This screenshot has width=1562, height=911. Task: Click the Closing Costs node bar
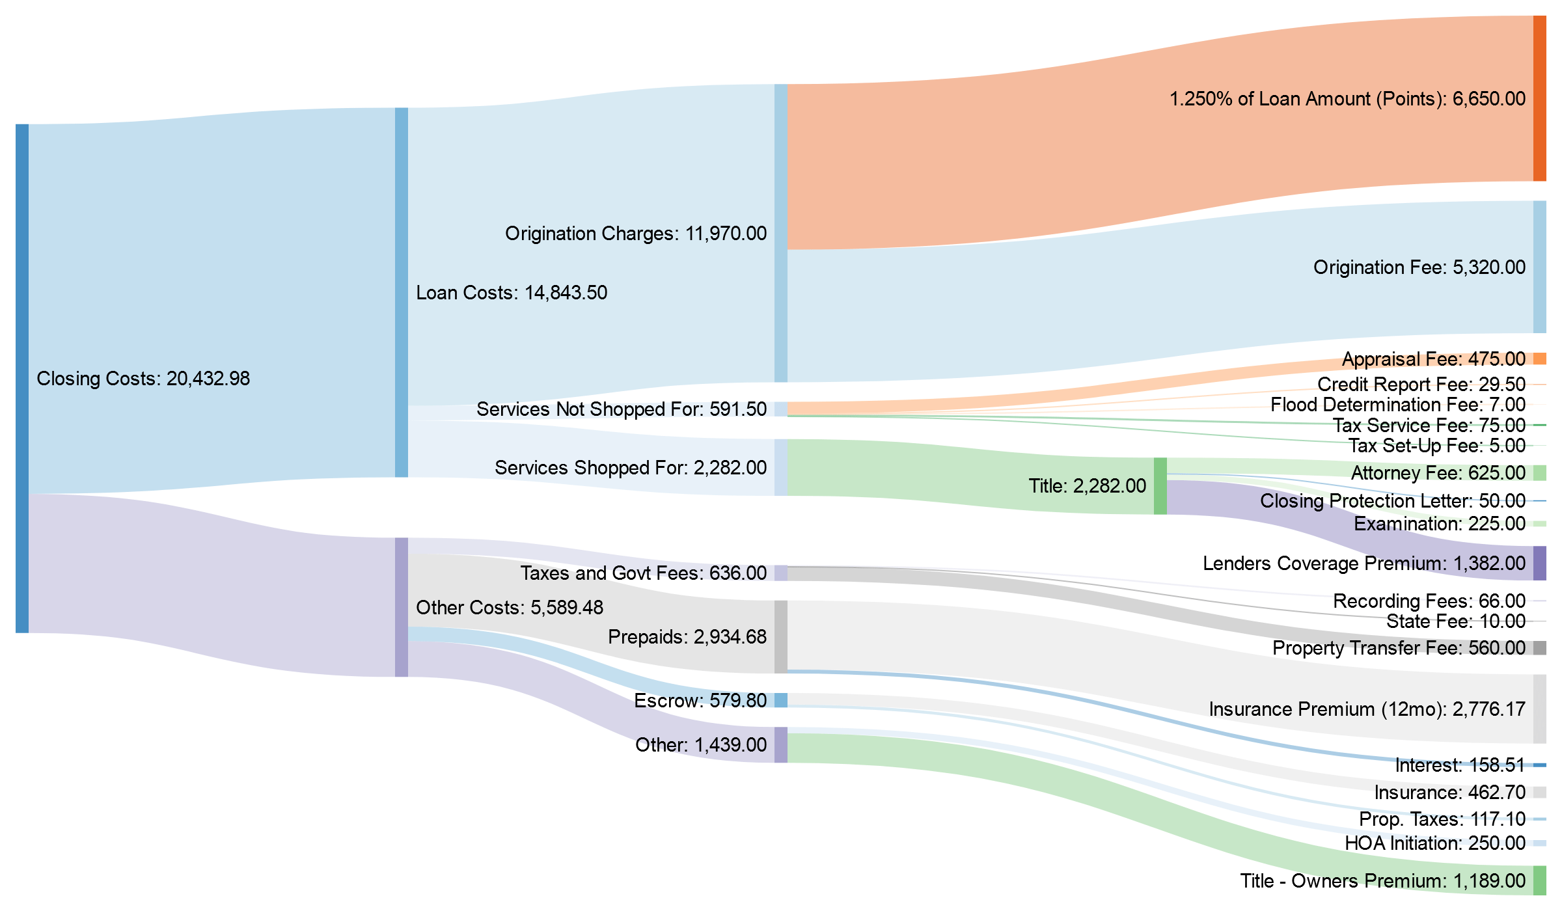tap(22, 377)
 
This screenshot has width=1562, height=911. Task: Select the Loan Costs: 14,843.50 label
tap(511, 293)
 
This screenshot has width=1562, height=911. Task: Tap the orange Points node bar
tap(1539, 98)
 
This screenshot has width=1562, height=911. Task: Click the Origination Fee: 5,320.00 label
tap(1419, 267)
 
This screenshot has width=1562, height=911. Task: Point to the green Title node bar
tap(1160, 486)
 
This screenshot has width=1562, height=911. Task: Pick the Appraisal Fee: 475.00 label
tap(1433, 359)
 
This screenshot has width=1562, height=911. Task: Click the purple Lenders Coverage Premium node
tap(1539, 563)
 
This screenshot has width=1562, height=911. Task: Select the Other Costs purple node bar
tap(402, 606)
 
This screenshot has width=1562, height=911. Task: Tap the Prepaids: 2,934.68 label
tap(687, 636)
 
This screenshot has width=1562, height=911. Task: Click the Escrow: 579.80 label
tap(700, 700)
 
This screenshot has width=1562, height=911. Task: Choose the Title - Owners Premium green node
tap(1539, 880)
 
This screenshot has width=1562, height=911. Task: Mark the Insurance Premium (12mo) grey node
tap(1539, 709)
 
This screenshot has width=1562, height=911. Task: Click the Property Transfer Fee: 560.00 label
tap(1398, 648)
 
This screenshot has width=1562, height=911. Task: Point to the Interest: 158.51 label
tap(1460, 765)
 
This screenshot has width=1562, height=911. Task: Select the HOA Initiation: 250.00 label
tap(1434, 843)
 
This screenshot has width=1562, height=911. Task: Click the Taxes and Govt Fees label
tap(642, 573)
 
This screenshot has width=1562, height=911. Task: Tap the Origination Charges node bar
tap(780, 233)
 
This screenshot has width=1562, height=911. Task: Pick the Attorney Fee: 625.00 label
tap(1438, 473)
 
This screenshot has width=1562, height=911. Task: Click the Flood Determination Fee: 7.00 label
tap(1397, 405)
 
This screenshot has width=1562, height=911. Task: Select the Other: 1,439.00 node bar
tap(780, 744)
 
